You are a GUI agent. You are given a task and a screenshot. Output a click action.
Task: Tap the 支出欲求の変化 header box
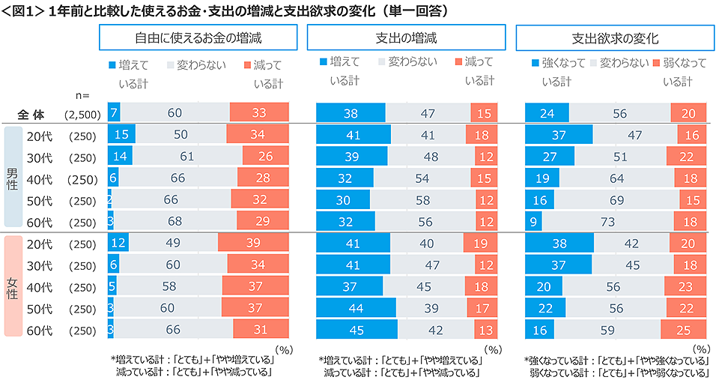click(615, 37)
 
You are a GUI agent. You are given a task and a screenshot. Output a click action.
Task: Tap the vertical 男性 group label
click(13, 177)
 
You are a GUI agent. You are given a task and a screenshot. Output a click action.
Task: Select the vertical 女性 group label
click(13, 286)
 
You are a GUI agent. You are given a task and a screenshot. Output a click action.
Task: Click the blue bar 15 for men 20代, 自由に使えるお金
click(121, 135)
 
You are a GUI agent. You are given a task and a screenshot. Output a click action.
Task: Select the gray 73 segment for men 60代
click(607, 222)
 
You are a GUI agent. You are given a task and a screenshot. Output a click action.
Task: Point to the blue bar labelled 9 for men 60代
click(533, 222)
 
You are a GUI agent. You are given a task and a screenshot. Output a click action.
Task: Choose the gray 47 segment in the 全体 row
click(428, 113)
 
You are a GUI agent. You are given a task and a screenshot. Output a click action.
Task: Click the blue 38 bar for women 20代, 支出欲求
click(559, 244)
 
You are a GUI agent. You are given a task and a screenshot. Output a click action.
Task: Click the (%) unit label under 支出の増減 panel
click(492, 349)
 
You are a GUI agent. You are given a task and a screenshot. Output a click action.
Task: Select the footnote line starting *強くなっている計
click(616, 361)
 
